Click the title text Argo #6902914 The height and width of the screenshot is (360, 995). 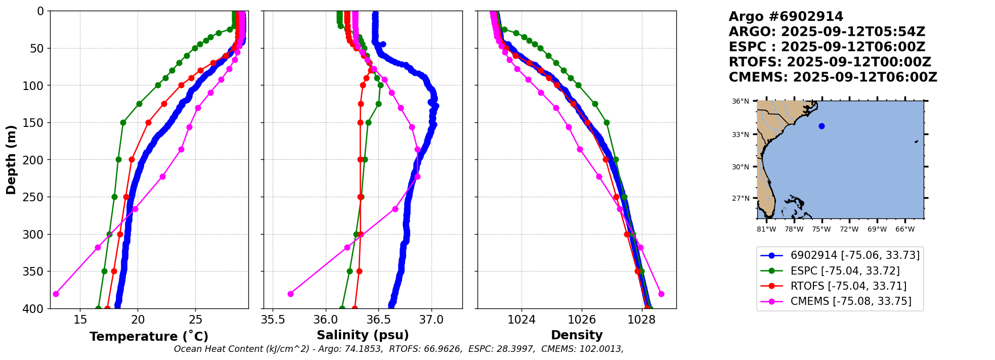786,17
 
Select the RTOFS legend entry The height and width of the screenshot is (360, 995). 848,286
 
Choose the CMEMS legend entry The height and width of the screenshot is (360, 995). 850,301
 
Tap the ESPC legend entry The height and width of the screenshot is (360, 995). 845,271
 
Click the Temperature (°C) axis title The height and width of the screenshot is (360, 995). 149,336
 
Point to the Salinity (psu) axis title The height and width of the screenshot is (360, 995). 363,335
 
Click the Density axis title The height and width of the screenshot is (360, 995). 577,335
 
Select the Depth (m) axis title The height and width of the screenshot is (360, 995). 11,159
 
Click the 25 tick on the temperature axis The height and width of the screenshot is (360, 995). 196,320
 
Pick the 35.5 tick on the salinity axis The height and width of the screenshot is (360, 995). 273,320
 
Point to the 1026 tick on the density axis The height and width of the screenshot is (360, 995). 582,320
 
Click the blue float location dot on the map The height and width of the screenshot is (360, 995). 821,126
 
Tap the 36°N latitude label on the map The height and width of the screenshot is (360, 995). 741,101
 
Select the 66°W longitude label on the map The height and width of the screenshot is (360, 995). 905,229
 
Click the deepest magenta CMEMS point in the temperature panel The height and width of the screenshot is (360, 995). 56,294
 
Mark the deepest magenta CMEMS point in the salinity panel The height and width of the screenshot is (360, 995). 290,294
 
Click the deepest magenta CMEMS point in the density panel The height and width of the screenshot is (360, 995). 661,294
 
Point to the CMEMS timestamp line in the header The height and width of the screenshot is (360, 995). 833,77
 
